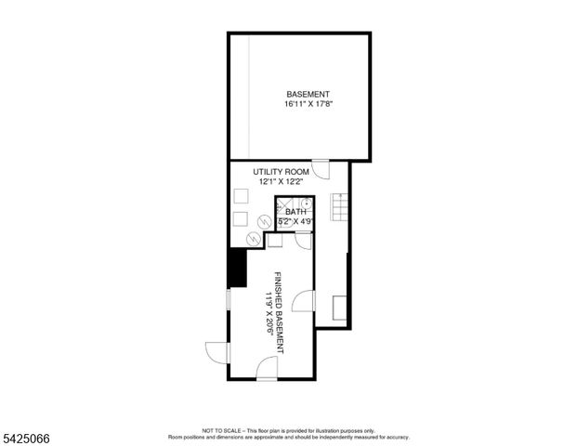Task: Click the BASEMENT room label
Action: click(x=308, y=94)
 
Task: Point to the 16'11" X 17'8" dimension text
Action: click(x=308, y=104)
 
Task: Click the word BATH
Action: click(x=295, y=212)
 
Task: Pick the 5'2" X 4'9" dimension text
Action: click(x=295, y=222)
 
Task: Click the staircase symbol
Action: click(x=339, y=206)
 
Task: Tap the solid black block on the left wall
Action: click(x=237, y=270)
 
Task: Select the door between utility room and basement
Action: click(x=321, y=170)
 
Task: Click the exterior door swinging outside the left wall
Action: click(x=216, y=354)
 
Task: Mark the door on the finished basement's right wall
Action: click(x=304, y=301)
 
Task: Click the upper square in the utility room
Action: click(x=240, y=197)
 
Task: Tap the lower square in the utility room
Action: click(x=240, y=219)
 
